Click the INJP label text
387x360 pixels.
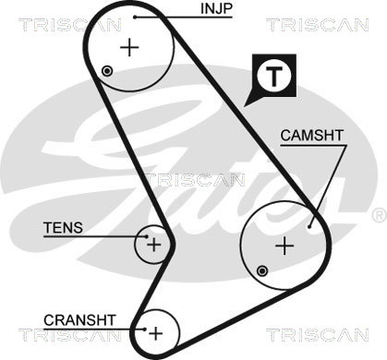(x=216, y=8)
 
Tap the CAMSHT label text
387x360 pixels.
(x=311, y=136)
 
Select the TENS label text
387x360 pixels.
(x=63, y=228)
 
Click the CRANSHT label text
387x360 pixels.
(x=79, y=320)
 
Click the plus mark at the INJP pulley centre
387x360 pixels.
(x=129, y=47)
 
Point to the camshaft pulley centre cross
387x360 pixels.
(x=284, y=246)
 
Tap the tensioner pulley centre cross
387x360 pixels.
(x=153, y=245)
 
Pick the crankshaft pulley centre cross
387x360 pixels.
(x=156, y=332)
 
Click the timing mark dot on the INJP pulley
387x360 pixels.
(x=107, y=71)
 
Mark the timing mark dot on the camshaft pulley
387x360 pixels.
(x=262, y=271)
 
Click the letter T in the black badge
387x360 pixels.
(x=273, y=76)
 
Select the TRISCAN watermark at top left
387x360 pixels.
(x=69, y=25)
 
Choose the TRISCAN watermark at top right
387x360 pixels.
(x=318, y=25)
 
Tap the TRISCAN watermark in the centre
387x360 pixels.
(x=195, y=180)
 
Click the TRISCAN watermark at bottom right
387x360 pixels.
(x=318, y=334)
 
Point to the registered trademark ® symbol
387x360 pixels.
(x=380, y=215)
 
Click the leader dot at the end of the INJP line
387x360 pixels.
(x=135, y=17)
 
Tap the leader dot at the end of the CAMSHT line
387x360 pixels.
(x=309, y=227)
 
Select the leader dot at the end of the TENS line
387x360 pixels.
(x=147, y=236)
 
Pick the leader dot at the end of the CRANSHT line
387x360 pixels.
(x=144, y=330)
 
